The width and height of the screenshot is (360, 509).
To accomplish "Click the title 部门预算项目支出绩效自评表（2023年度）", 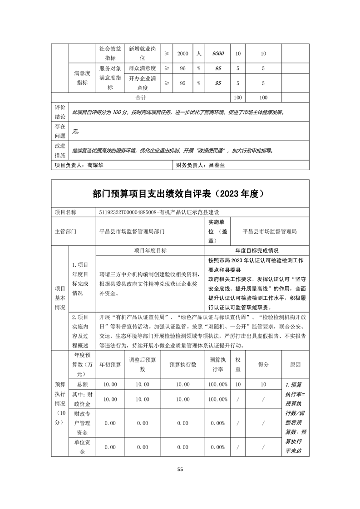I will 180,194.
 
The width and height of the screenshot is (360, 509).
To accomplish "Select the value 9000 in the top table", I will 218,54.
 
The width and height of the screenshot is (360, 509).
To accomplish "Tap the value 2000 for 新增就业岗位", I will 182,54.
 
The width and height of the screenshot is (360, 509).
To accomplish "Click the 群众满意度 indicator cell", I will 142,69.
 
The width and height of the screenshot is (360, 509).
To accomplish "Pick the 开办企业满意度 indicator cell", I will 142,83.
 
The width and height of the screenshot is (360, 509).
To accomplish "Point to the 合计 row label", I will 141,98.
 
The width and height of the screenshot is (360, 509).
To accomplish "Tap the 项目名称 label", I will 66,212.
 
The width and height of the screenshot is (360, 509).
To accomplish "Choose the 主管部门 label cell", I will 66,231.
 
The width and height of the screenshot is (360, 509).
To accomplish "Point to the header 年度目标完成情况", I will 257,250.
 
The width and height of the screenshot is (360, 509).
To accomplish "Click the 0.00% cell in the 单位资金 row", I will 218,447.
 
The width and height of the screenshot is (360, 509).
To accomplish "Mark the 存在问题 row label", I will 60,131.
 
